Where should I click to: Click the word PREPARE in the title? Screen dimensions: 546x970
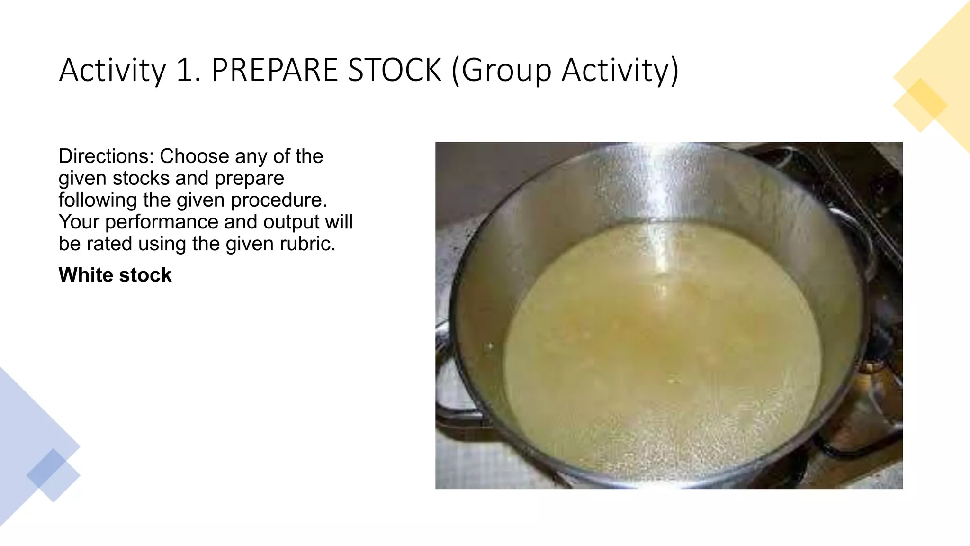(x=275, y=70)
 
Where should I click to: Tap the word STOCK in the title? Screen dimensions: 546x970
(x=395, y=70)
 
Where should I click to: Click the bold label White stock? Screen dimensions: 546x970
(x=115, y=275)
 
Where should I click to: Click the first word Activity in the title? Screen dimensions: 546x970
(x=112, y=70)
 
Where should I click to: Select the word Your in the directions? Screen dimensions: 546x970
(x=79, y=222)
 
